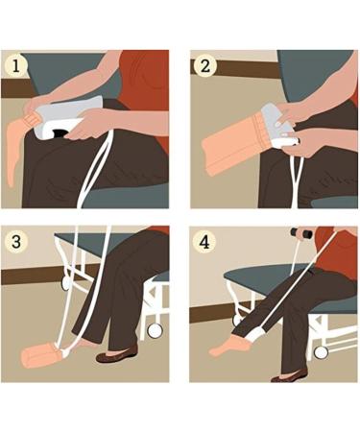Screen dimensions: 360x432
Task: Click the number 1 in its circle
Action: (15, 66)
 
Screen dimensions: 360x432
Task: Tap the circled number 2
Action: (205, 66)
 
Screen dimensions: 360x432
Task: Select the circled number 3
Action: (16, 242)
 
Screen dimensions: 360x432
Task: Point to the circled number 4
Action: (204, 242)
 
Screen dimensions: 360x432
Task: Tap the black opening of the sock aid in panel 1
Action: (60, 132)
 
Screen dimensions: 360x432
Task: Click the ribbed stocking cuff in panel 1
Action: (31, 119)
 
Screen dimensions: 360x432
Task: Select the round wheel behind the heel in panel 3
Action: (155, 331)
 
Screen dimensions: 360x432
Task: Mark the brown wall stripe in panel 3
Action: (41, 276)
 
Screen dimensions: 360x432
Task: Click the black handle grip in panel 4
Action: (300, 232)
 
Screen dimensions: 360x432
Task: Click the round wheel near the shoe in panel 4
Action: (321, 352)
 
